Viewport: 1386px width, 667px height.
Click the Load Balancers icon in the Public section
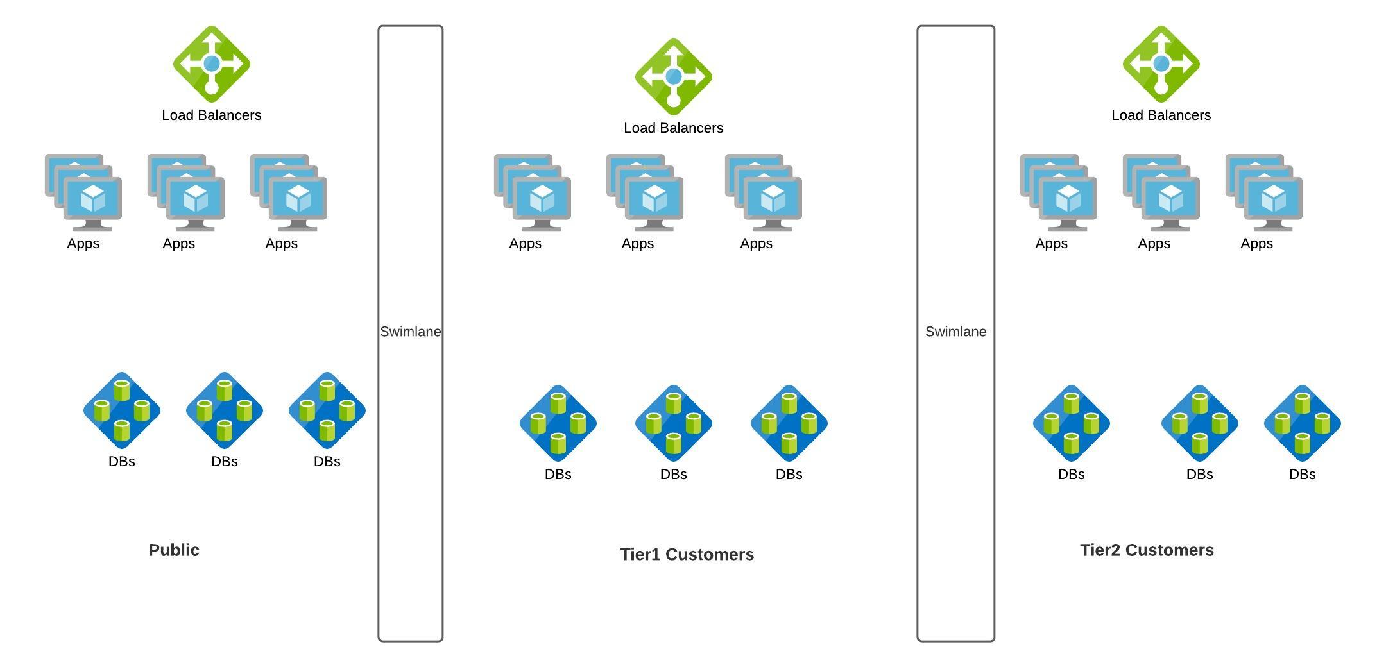(211, 64)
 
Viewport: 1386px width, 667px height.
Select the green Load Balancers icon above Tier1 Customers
(673, 77)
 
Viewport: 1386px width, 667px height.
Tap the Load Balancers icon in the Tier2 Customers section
(1161, 64)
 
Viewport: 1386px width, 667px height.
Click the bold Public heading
(174, 550)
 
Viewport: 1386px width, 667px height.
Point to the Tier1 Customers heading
(687, 555)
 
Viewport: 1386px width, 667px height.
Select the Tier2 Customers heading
(1147, 550)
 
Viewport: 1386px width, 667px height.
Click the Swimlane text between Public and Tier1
(411, 332)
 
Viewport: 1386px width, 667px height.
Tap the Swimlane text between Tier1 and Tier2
(955, 332)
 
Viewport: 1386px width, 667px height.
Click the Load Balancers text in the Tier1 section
(673, 128)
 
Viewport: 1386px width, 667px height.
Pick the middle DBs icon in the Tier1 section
(673, 423)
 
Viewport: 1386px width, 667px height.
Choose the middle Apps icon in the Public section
(186, 192)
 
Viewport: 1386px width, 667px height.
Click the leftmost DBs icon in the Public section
(122, 410)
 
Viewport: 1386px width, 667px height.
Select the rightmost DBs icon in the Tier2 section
(1302, 423)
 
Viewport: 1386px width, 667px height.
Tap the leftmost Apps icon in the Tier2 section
(1059, 192)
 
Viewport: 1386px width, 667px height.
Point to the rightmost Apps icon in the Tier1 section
(764, 192)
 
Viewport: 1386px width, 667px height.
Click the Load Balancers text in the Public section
(211, 115)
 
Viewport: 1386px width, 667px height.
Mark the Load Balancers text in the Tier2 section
(1161, 115)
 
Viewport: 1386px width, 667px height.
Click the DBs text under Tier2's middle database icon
(1199, 475)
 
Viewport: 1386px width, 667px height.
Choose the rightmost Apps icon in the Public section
(289, 192)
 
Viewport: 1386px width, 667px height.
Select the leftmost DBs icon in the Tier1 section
(558, 423)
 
